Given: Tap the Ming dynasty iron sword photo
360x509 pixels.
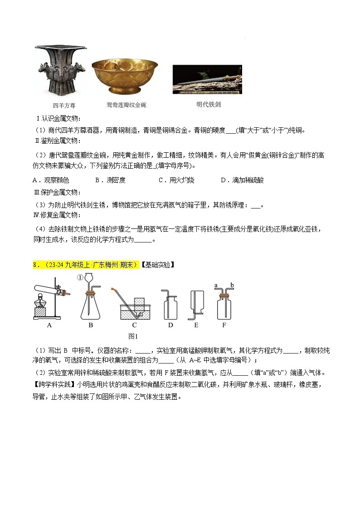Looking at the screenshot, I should pyautogui.click(x=207, y=80).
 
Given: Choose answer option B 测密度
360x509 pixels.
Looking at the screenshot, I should pyautogui.click(x=110, y=180).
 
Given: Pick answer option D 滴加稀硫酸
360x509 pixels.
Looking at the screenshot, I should pyautogui.click(x=242, y=180).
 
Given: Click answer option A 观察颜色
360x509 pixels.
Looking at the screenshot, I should pyautogui.click(x=50, y=180).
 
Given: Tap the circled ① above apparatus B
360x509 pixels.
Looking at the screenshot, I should pyautogui.click(x=81, y=277).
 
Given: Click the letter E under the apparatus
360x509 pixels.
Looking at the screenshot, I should pyautogui.click(x=196, y=325).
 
